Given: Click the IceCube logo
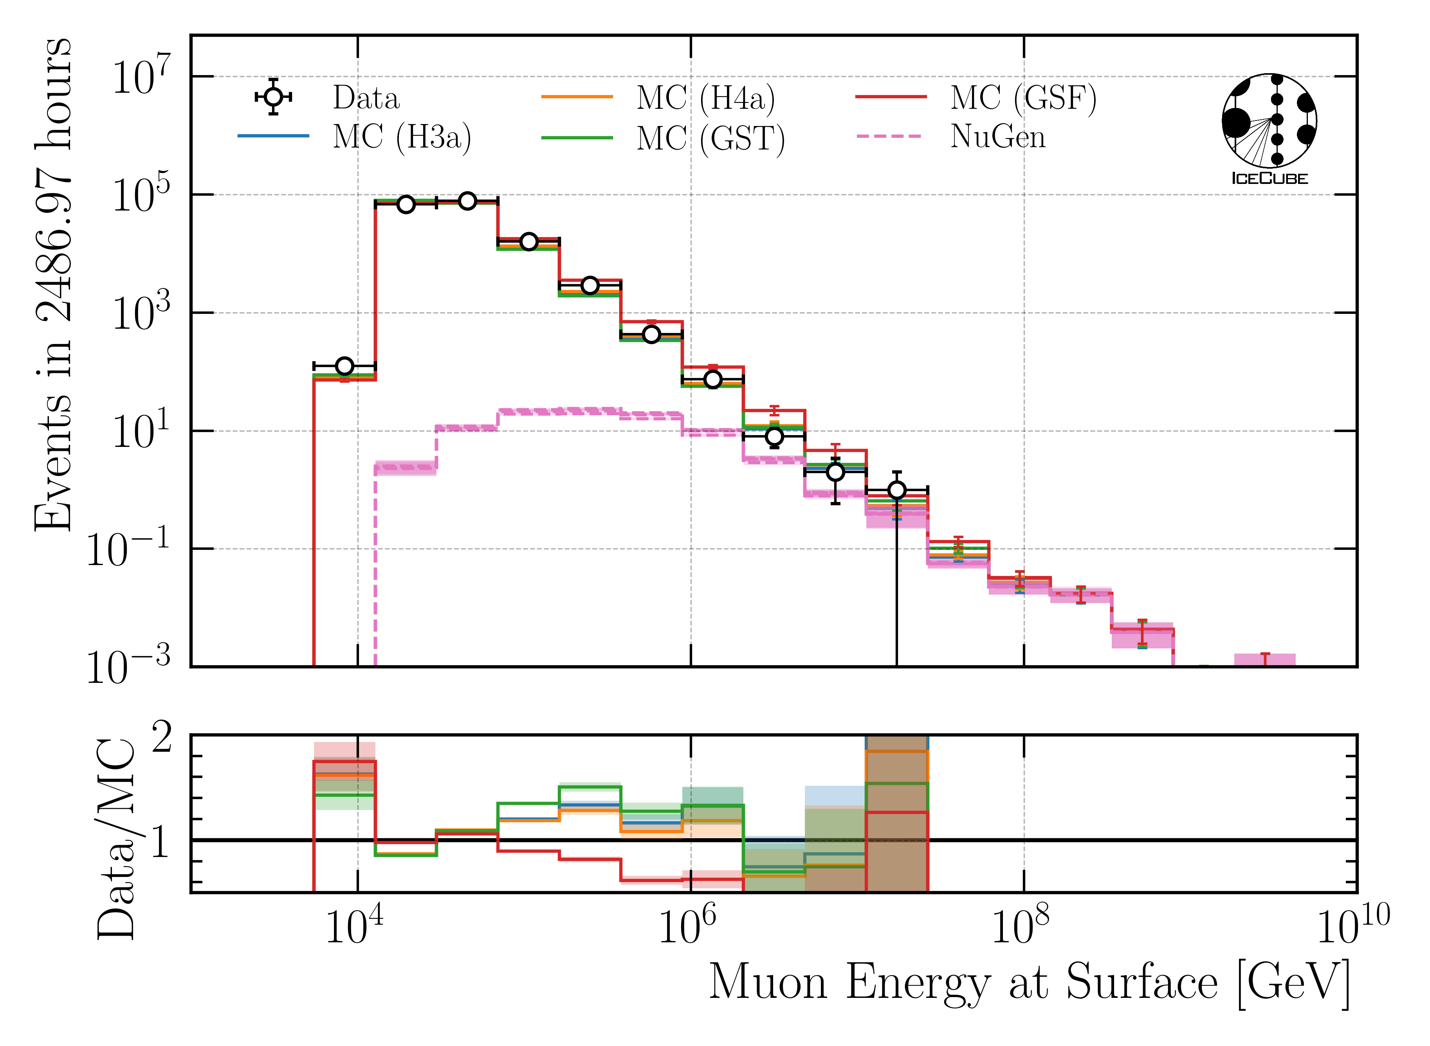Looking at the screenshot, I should pos(1269,128).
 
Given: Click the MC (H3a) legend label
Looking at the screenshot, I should pos(402,137).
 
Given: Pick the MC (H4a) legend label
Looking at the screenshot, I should pos(705,98).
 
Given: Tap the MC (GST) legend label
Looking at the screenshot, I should pos(710,138).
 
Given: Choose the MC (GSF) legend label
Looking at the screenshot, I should pos(1023,98).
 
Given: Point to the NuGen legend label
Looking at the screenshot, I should pos(997,137).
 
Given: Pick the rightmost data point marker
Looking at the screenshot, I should pos(896,490).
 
